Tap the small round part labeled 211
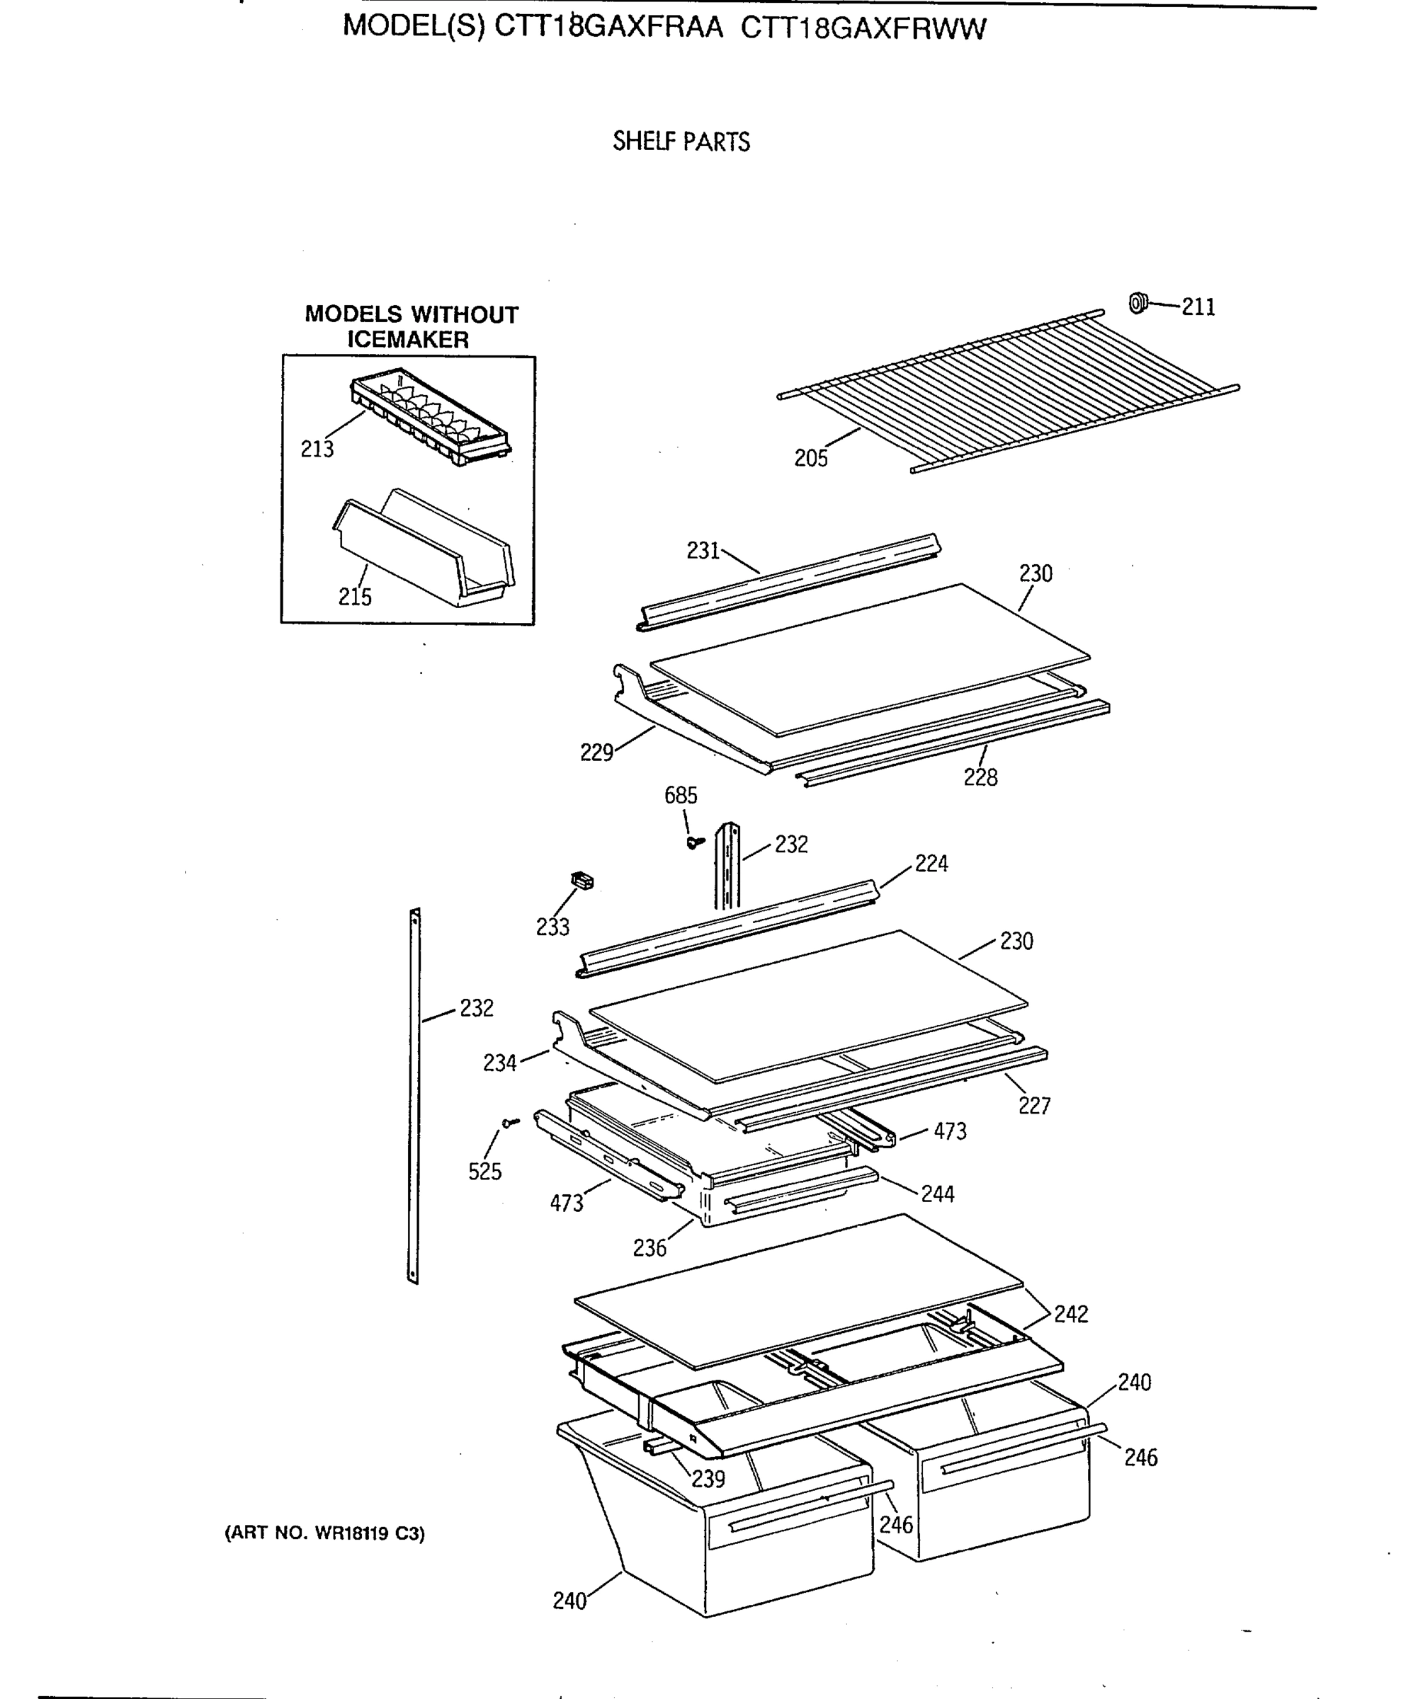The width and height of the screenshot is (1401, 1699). pos(1137,303)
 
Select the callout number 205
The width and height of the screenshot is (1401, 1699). pos(810,458)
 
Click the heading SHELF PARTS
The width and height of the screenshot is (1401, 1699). pos(681,142)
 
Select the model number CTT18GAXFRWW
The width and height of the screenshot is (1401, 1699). pos(863,29)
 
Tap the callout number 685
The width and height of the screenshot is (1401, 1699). pos(681,796)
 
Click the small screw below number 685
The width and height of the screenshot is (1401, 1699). pos(693,842)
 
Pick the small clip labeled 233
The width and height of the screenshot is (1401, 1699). pos(582,880)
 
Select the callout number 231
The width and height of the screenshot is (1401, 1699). pos(702,551)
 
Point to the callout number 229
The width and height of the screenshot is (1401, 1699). pos(596,753)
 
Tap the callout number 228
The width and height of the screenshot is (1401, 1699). pos(980,778)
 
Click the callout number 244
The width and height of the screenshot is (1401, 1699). pos(937,1194)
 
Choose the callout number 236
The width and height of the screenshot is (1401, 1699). pos(649,1248)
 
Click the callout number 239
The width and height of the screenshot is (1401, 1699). pos(708,1479)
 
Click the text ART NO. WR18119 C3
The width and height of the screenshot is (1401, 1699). pos(324,1533)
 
